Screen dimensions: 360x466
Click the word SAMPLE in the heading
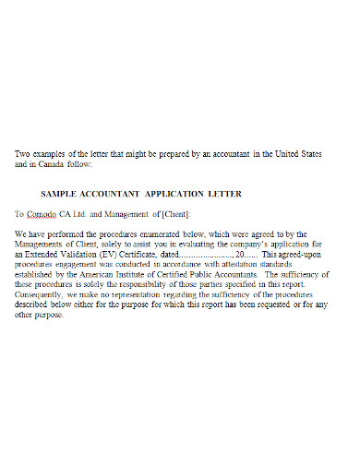(62, 194)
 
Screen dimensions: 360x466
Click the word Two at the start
(23, 153)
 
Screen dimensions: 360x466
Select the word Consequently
(43, 295)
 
